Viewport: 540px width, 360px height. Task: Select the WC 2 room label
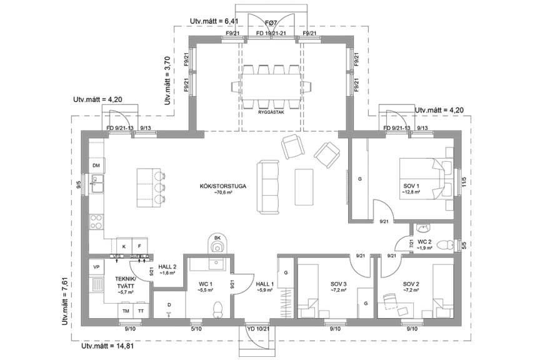(424, 241)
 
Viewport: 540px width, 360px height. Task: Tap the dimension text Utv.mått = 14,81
(107, 345)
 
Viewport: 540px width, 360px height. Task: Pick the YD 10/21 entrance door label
(257, 328)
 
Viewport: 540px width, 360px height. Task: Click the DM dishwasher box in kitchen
(96, 165)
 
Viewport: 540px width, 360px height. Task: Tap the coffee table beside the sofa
(304, 186)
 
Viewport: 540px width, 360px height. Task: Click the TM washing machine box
(126, 311)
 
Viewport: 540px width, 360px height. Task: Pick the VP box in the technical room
(96, 267)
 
